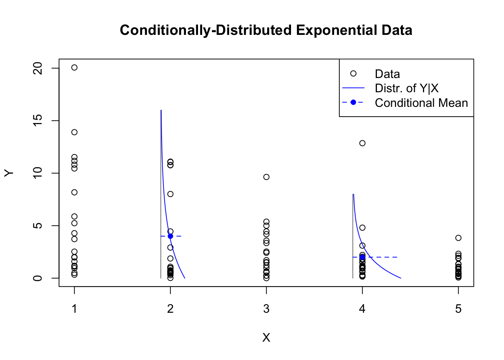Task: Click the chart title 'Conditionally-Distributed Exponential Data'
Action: pyautogui.click(x=266, y=30)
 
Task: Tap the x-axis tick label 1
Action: pyautogui.click(x=75, y=309)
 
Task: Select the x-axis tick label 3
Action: pyautogui.click(x=266, y=309)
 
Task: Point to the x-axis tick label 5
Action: pyautogui.click(x=458, y=309)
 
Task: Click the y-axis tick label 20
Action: pyautogui.click(x=38, y=68)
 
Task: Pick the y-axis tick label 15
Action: pyautogui.click(x=38, y=120)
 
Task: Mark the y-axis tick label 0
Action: pyautogui.click(x=38, y=278)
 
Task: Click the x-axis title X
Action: pyautogui.click(x=266, y=337)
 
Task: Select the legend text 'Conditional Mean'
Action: pyautogui.click(x=421, y=103)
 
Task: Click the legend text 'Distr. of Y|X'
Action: pyautogui.click(x=406, y=88)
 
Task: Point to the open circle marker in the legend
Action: pyautogui.click(x=353, y=73)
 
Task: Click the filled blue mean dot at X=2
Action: pyautogui.click(x=170, y=236)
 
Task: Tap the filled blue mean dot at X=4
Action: pyautogui.click(x=362, y=257)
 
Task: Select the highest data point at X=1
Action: pyautogui.click(x=74, y=67)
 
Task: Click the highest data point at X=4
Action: pyautogui.click(x=362, y=143)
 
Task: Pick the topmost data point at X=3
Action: pyautogui.click(x=266, y=177)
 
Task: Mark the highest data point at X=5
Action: pyautogui.click(x=458, y=238)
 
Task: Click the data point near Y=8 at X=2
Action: pyautogui.click(x=170, y=194)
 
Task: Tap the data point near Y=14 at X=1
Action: pyautogui.click(x=74, y=132)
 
